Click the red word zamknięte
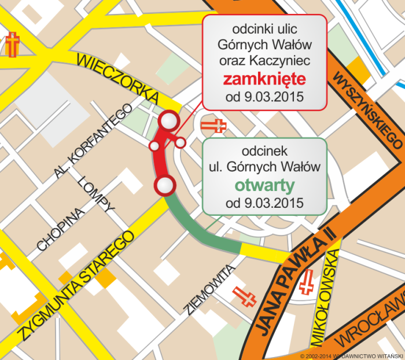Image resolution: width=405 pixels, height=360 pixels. point(264,78)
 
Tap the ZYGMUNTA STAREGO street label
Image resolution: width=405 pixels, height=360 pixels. point(75,286)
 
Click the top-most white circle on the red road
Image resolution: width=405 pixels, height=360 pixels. point(168,121)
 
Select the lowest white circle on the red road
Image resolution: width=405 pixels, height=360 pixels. point(164,185)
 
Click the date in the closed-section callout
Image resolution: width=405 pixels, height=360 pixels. point(264,97)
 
